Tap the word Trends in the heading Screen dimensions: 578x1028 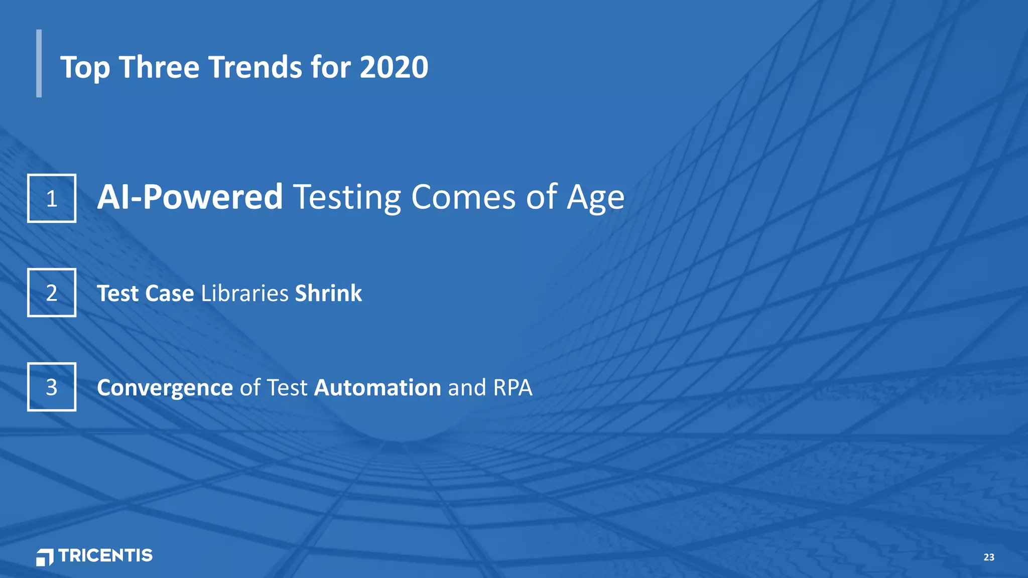point(254,67)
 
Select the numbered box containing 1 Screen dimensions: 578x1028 point(52,198)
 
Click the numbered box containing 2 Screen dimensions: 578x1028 point(52,293)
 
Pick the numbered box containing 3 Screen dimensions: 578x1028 point(52,387)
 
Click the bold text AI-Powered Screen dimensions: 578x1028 point(190,197)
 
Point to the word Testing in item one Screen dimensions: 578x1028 point(347,197)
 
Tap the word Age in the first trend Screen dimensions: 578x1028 point(596,198)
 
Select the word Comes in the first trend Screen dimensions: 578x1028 point(463,197)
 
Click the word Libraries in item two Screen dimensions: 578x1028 point(244,293)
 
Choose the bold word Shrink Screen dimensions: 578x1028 point(328,293)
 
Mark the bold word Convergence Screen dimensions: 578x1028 point(165,388)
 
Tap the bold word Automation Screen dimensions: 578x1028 point(377,387)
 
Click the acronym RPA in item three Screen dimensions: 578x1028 point(512,387)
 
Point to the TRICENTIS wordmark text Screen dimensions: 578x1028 point(105,555)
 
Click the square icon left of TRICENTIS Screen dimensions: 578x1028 point(45,557)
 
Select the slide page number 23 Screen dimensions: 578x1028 point(988,557)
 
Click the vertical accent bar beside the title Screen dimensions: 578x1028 point(39,63)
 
